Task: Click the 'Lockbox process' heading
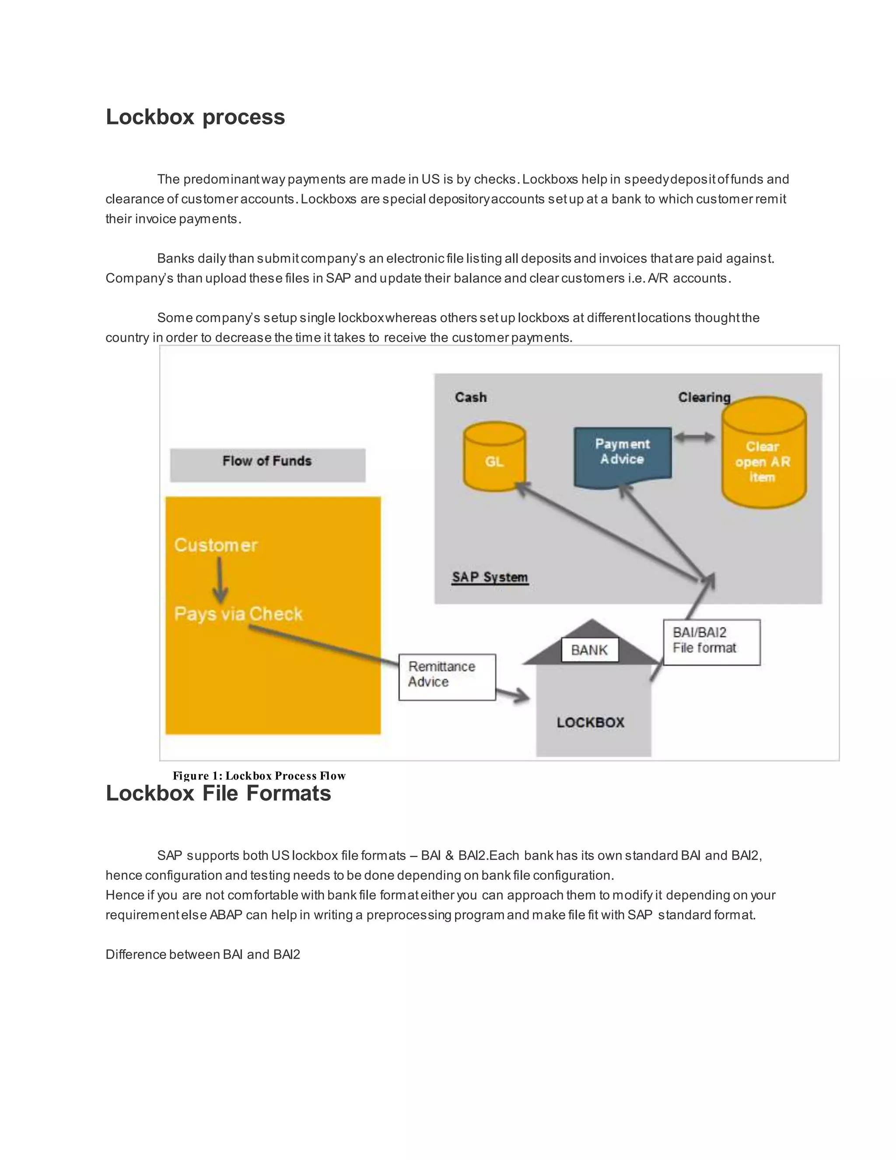pyautogui.click(x=195, y=117)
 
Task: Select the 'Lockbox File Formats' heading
pyautogui.click(x=218, y=794)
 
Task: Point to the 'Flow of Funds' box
pyautogui.click(x=267, y=461)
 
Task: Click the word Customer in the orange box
pyautogui.click(x=216, y=545)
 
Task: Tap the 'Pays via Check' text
pyautogui.click(x=238, y=614)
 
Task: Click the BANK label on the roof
pyautogui.click(x=589, y=650)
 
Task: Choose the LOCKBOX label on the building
pyautogui.click(x=590, y=722)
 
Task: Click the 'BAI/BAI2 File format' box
pyautogui.click(x=711, y=641)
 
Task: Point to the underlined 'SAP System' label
pyautogui.click(x=490, y=577)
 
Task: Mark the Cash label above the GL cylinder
pyautogui.click(x=470, y=397)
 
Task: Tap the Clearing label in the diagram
pyautogui.click(x=704, y=397)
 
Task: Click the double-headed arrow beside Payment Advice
pyautogui.click(x=694, y=438)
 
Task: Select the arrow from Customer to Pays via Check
pyautogui.click(x=220, y=580)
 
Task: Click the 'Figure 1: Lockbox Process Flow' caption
pyautogui.click(x=259, y=776)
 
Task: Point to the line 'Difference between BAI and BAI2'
pyautogui.click(x=203, y=954)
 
